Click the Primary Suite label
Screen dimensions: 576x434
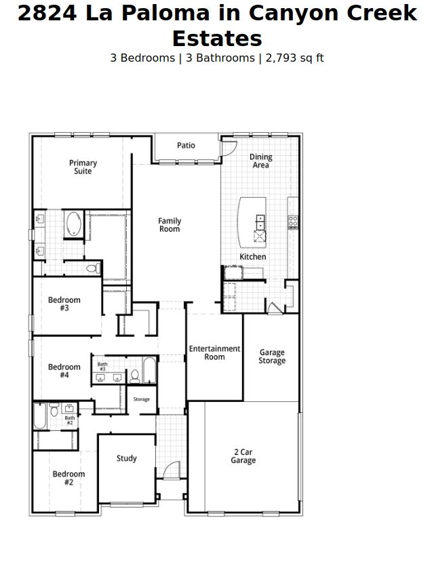[x=83, y=167]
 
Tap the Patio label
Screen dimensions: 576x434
[x=186, y=145]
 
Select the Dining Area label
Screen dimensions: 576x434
[x=260, y=161]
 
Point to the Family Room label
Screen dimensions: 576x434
[x=170, y=225]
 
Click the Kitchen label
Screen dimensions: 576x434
[x=252, y=257]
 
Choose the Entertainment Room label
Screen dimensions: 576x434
[x=214, y=352]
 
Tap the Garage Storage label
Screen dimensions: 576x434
[x=272, y=356]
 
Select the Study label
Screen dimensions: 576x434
[x=126, y=458]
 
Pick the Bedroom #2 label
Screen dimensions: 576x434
[x=68, y=478]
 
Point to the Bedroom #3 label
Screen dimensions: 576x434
[x=64, y=304]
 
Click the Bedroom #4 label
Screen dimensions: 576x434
[x=64, y=371]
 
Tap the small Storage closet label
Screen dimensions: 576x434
[x=141, y=399]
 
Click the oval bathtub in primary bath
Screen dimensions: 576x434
[x=73, y=224]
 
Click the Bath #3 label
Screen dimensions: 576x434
[x=102, y=366]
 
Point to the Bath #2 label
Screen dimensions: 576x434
[x=69, y=420]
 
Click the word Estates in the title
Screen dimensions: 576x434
[x=217, y=38]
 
